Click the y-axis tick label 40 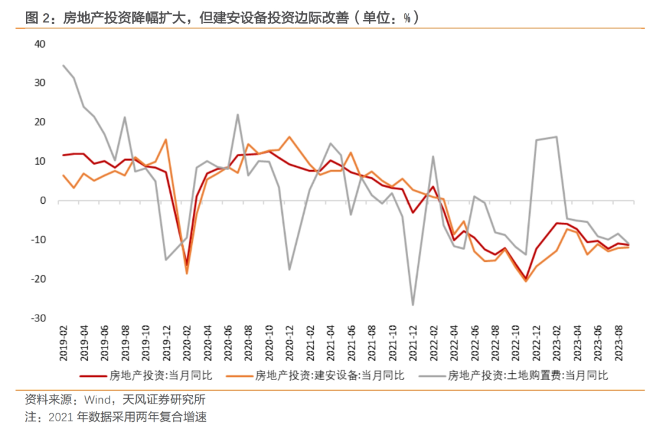pyautogui.click(x=41, y=44)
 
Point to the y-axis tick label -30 pyautogui.click(x=39, y=318)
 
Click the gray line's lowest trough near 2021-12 pyautogui.click(x=414, y=305)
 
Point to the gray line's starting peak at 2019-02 pyautogui.click(x=63, y=65)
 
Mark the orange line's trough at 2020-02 pyautogui.click(x=187, y=273)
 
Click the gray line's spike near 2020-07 pyautogui.click(x=237, y=114)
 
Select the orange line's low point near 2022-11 pyautogui.click(x=526, y=281)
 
